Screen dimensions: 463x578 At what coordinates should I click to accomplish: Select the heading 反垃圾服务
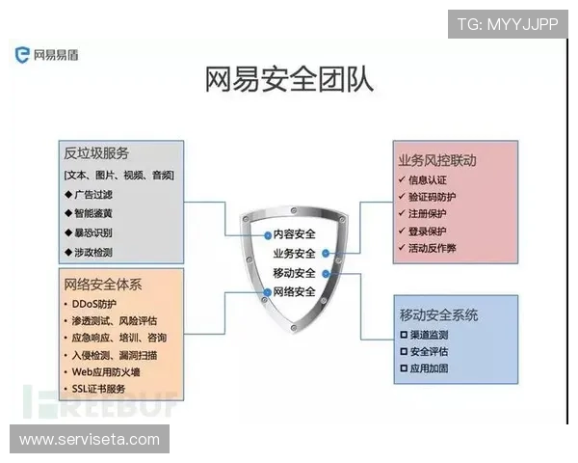[x=96, y=153]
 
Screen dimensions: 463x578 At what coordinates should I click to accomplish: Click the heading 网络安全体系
[x=103, y=284]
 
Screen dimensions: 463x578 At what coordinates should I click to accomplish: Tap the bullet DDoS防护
[x=94, y=304]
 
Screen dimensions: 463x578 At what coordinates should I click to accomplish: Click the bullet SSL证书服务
[x=99, y=388]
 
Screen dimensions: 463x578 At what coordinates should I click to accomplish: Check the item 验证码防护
[x=433, y=197]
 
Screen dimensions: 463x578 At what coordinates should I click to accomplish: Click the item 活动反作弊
[x=433, y=249]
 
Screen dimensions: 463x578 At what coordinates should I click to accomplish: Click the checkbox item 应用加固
[x=429, y=368]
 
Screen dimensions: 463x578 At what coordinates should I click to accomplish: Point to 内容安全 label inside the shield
[x=294, y=233]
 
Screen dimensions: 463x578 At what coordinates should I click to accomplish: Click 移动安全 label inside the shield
[x=294, y=273]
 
